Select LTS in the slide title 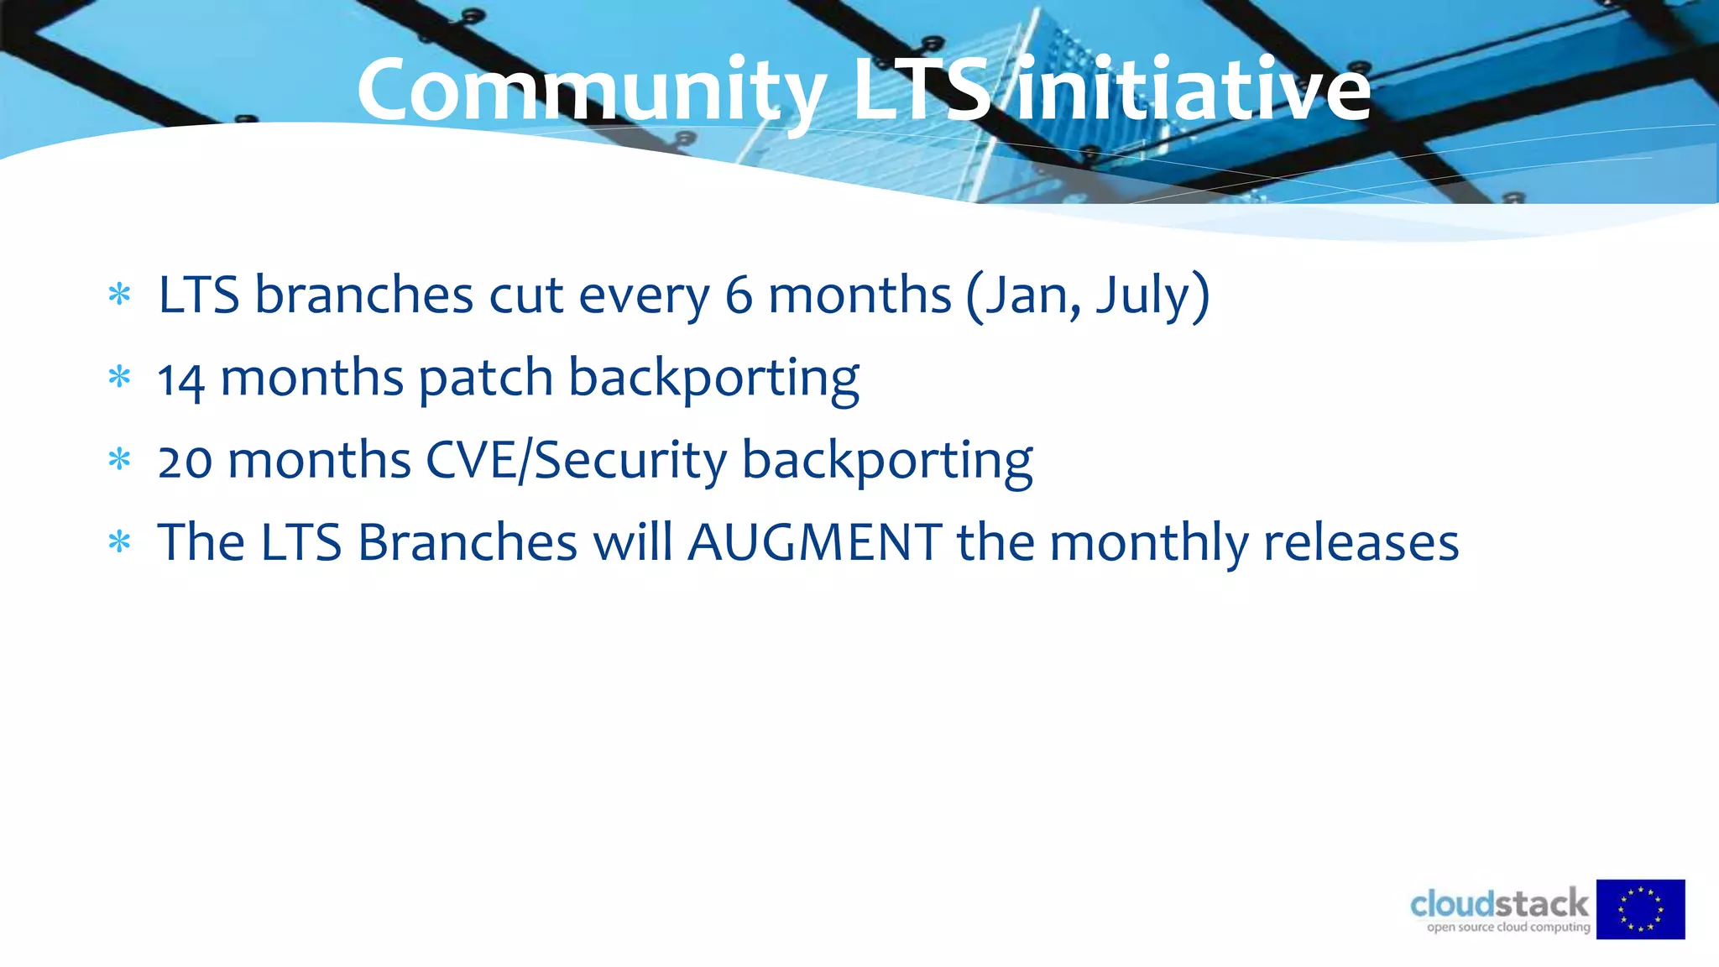pos(922,89)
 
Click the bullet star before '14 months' pos(120,378)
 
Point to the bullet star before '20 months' pos(120,460)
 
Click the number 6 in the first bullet pos(738,295)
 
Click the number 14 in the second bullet pos(181,379)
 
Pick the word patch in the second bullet pos(485,378)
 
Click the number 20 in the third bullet pos(185,462)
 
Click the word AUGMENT pos(814,542)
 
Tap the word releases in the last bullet pos(1361,542)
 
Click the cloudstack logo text pos(1499,904)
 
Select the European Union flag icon pos(1640,909)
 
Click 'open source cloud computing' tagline pos(1508,928)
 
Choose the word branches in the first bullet pos(363,295)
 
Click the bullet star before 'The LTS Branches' pos(120,542)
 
